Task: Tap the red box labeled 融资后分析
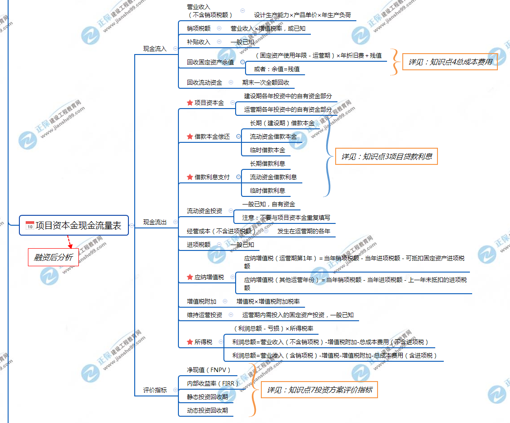point(53,257)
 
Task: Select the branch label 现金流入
point(155,49)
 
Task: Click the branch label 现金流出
point(155,222)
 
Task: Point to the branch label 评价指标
point(155,390)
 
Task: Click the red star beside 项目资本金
point(190,103)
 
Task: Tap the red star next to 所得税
point(190,342)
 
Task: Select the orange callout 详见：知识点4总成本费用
point(450,62)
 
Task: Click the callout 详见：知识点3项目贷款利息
point(386,157)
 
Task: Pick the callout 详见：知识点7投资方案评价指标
point(319,390)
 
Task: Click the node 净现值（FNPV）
point(209,370)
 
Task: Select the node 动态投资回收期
point(207,410)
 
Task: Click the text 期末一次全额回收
point(265,82)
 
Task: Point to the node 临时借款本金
point(267,150)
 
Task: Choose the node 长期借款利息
point(267,164)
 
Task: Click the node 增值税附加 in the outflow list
point(201,301)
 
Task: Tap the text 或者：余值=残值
point(277,69)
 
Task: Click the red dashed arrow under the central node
point(69,241)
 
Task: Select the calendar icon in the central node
point(30,226)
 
